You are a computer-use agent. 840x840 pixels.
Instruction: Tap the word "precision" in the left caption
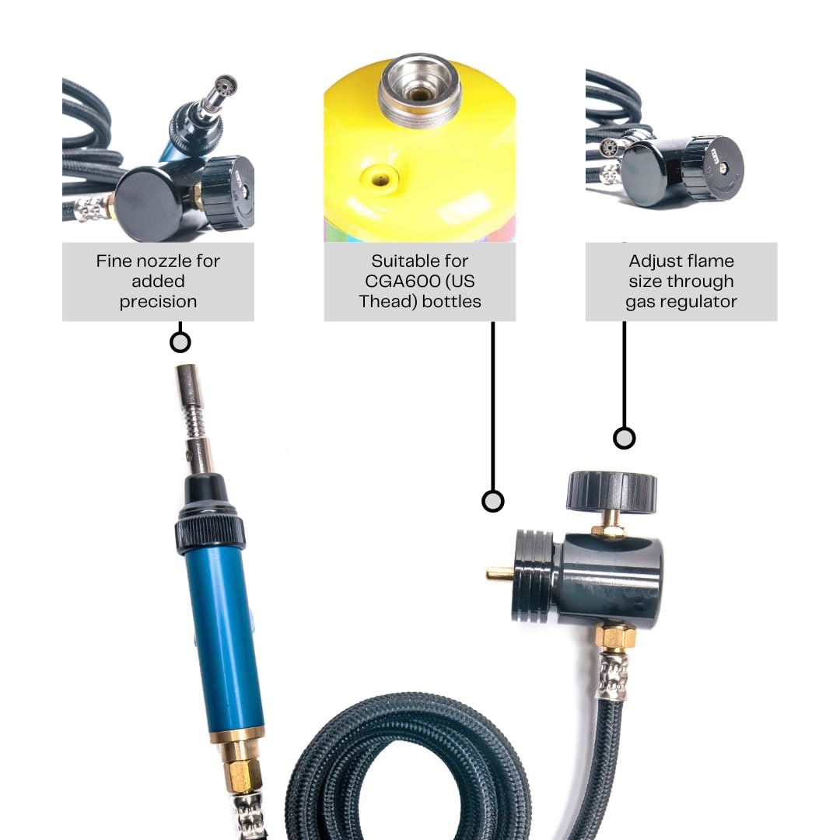pyautogui.click(x=158, y=302)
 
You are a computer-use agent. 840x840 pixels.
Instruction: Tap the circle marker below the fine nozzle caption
pyautogui.click(x=180, y=342)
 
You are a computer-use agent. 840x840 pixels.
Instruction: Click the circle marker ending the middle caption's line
pyautogui.click(x=492, y=501)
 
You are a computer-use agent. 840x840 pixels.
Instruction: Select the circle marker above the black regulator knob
pyautogui.click(x=624, y=438)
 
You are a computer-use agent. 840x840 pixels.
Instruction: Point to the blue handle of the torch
pyautogui.click(x=223, y=638)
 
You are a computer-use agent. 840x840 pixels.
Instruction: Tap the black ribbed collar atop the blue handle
pyautogui.click(x=211, y=533)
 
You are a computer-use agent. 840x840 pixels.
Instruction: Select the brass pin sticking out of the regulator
pyautogui.click(x=499, y=575)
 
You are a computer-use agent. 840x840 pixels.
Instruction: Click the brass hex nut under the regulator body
pyautogui.click(x=616, y=636)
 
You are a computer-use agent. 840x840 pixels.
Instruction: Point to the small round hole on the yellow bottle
pyautogui.click(x=381, y=178)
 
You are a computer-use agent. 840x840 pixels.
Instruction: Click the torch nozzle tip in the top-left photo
pyautogui.click(x=225, y=84)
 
